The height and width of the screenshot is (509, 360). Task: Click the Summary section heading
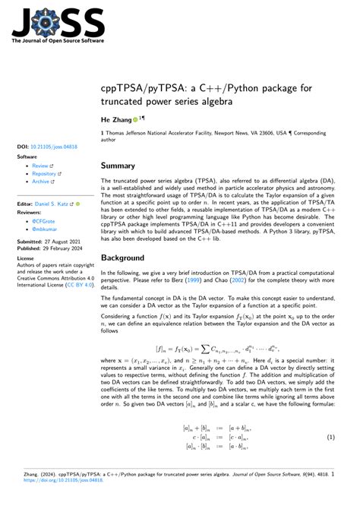point(123,165)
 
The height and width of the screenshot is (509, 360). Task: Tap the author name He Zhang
point(120,120)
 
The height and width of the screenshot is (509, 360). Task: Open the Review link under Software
point(41,165)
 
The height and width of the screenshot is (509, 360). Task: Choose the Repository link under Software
point(46,173)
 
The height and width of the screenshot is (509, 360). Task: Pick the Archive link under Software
point(43,182)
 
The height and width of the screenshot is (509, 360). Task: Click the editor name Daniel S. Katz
point(55,204)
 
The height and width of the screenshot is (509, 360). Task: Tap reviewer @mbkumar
point(45,227)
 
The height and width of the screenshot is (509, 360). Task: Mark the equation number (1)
point(331,438)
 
